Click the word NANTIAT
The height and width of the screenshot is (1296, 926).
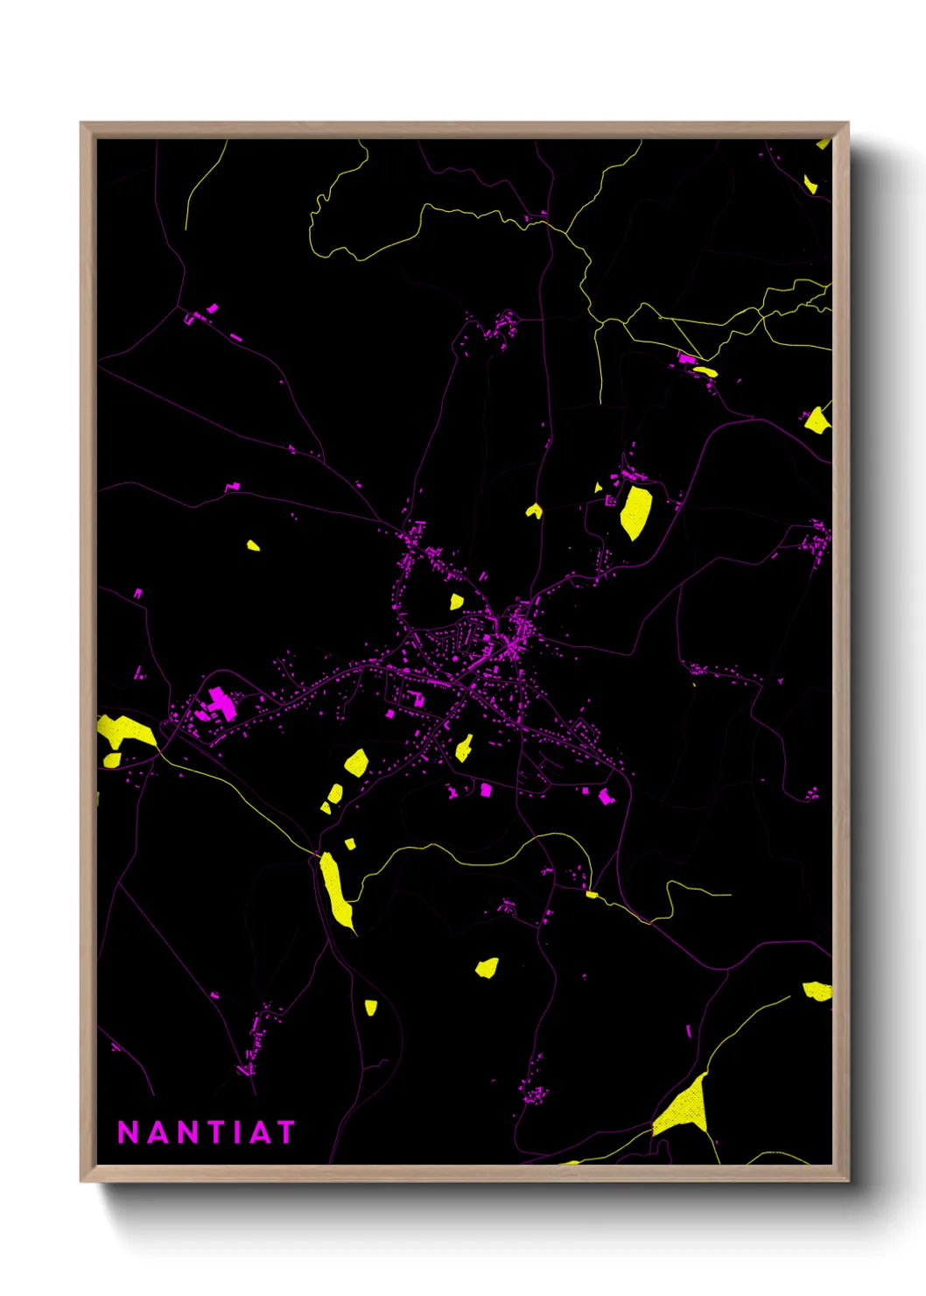(207, 1132)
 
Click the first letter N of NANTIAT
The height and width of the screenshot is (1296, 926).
(128, 1132)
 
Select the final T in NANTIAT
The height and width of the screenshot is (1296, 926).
(285, 1132)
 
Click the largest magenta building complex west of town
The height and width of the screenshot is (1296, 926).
(221, 703)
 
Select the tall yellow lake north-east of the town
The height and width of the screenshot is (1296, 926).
(635, 511)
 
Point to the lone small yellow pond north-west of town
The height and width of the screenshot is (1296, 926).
(253, 546)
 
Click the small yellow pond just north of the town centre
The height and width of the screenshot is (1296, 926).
(456, 602)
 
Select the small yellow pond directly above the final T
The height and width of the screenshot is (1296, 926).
(370, 1007)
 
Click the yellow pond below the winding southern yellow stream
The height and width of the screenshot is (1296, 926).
(488, 967)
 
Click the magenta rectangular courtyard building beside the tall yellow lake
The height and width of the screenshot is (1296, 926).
(611, 501)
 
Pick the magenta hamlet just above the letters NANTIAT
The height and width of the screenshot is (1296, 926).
(254, 1046)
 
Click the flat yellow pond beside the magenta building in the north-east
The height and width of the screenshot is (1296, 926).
(705, 371)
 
